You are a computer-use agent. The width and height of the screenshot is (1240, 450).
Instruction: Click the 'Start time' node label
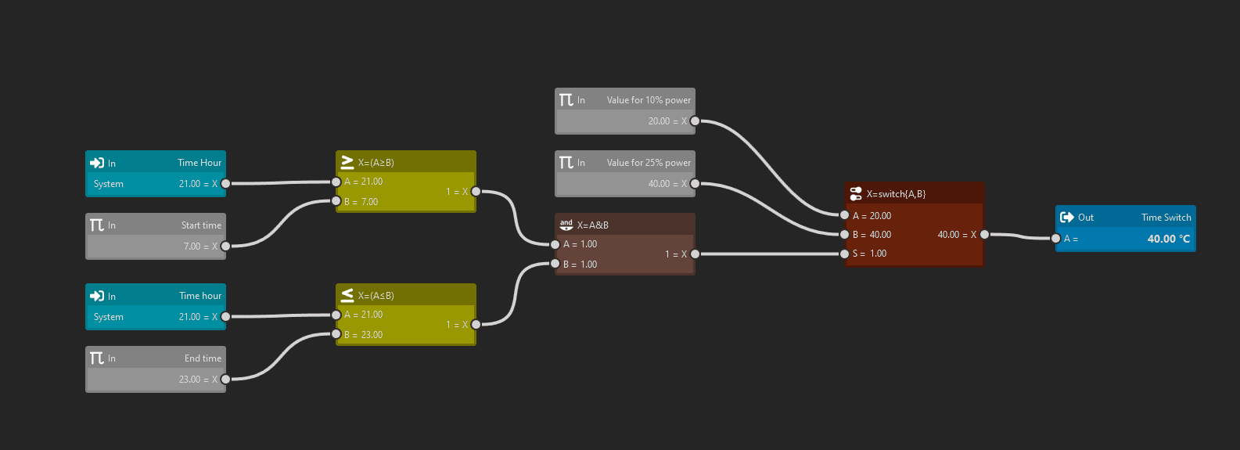click(x=201, y=225)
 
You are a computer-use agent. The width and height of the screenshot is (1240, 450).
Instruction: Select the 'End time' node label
click(x=203, y=358)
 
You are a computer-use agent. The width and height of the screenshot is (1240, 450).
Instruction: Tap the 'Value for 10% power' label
click(x=649, y=100)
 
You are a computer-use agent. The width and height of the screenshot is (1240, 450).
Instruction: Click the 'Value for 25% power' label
click(x=649, y=163)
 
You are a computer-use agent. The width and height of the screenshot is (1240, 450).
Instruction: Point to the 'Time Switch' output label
click(x=1166, y=218)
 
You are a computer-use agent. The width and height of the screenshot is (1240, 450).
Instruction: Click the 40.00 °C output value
click(x=1168, y=239)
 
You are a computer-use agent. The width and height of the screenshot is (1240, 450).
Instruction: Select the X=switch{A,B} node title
click(x=896, y=194)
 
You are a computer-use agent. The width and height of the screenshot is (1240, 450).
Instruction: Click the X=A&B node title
click(x=592, y=225)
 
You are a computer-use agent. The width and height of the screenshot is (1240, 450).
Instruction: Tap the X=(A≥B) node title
click(x=376, y=163)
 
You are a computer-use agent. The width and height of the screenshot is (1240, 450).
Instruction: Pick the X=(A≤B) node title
click(x=376, y=296)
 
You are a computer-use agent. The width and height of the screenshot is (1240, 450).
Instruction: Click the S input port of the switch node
click(x=844, y=254)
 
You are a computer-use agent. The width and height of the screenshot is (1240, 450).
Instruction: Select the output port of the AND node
click(x=695, y=254)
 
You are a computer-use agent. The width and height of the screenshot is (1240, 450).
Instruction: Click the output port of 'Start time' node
click(x=225, y=246)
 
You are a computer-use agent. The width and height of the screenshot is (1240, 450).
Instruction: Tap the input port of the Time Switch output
click(x=1055, y=239)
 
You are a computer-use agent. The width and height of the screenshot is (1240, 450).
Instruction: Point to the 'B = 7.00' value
click(x=361, y=202)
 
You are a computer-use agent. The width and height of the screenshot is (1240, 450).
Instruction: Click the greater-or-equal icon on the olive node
click(x=347, y=162)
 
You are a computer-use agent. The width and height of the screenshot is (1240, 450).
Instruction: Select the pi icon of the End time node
click(x=97, y=358)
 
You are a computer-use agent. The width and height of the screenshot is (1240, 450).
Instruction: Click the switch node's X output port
click(x=984, y=234)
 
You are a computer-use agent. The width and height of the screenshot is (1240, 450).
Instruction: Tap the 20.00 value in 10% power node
click(x=659, y=121)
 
